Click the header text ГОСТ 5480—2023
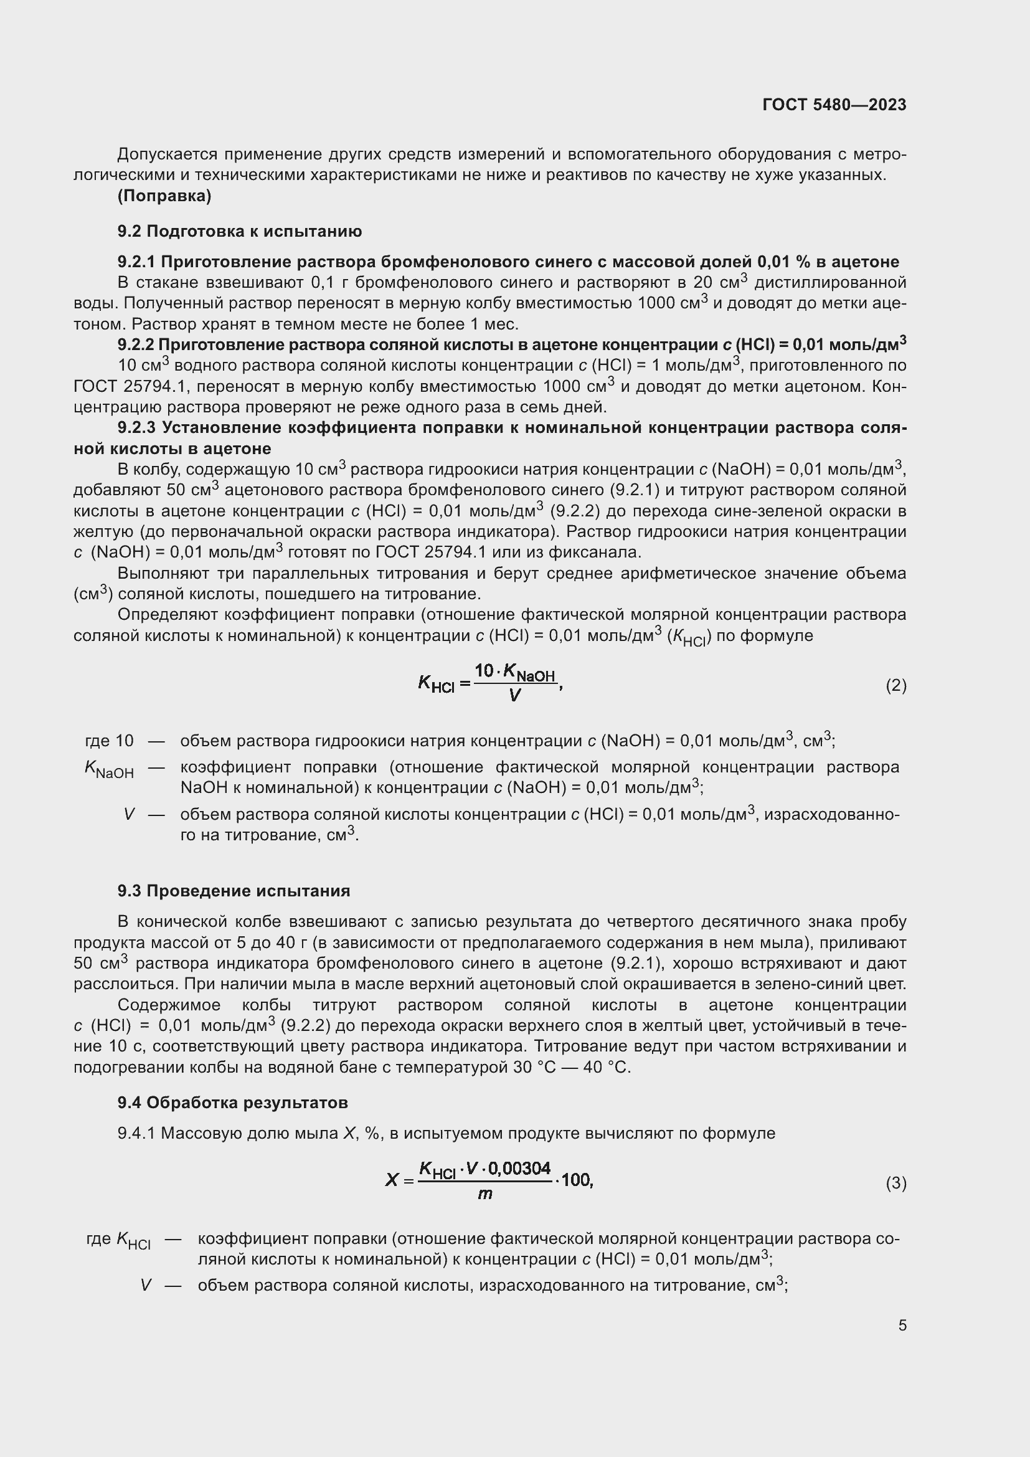point(834,105)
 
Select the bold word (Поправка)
point(164,196)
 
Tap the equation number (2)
point(895,685)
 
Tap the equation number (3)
point(895,1183)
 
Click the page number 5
point(902,1325)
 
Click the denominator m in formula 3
point(484,1194)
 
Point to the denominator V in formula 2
point(514,696)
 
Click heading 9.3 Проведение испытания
point(234,891)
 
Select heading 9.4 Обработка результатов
point(232,1103)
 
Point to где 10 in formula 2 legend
point(109,741)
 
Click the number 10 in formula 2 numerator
point(484,671)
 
